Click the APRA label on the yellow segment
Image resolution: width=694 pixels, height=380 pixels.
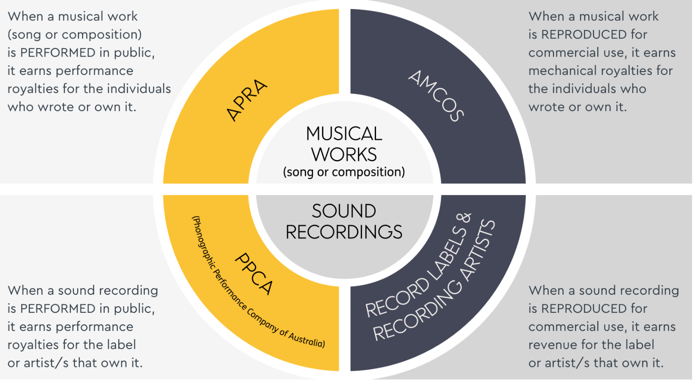click(247, 100)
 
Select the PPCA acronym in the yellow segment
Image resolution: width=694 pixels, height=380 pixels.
click(254, 274)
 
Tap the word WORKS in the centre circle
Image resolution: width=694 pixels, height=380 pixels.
click(344, 155)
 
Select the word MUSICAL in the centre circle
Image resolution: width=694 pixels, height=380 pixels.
click(344, 134)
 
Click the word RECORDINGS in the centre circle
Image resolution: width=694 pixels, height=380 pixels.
click(344, 232)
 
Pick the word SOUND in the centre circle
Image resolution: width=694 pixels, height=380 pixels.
click(344, 211)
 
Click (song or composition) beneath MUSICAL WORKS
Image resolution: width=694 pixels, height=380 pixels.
click(344, 172)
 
